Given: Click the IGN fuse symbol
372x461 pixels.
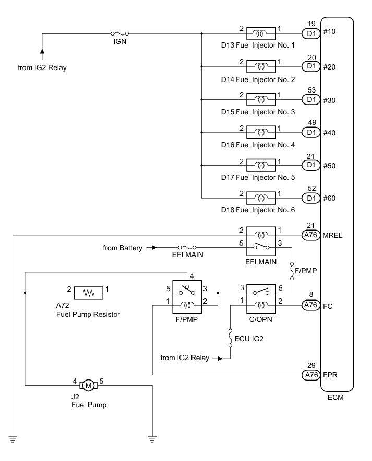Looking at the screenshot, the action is (x=119, y=34).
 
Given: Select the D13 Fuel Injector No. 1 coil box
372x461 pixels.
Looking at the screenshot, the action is (x=261, y=33).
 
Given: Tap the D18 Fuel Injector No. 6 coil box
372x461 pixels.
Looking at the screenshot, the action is (x=261, y=198).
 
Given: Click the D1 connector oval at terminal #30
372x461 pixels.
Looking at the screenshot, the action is (x=311, y=100).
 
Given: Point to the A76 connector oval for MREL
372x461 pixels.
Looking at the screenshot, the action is (x=310, y=235).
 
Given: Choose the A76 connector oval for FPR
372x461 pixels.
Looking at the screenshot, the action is (x=310, y=375).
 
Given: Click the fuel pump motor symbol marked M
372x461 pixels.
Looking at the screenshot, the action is (x=88, y=385).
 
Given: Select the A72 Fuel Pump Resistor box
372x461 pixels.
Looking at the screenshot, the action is (x=88, y=293).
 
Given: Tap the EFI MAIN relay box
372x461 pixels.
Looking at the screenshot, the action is (x=261, y=241).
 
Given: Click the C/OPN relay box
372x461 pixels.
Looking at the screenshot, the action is (x=261, y=299).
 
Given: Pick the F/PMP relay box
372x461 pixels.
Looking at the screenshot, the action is (x=187, y=297).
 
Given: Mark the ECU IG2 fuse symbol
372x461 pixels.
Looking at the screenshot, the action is (x=230, y=338).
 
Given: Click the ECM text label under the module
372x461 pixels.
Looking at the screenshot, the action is (x=335, y=397).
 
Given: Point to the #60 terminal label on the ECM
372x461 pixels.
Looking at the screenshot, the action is (x=329, y=198).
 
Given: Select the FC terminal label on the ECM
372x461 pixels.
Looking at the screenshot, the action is (x=328, y=306).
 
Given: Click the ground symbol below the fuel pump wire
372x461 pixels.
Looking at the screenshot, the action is (x=152, y=440).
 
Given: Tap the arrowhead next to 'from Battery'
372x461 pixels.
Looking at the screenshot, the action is (x=154, y=248).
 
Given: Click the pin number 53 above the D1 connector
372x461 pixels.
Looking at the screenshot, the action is (x=311, y=90).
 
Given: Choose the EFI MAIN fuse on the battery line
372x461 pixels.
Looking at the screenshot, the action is (x=187, y=248).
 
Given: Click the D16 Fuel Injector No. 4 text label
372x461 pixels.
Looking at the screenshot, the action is (x=258, y=145).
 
